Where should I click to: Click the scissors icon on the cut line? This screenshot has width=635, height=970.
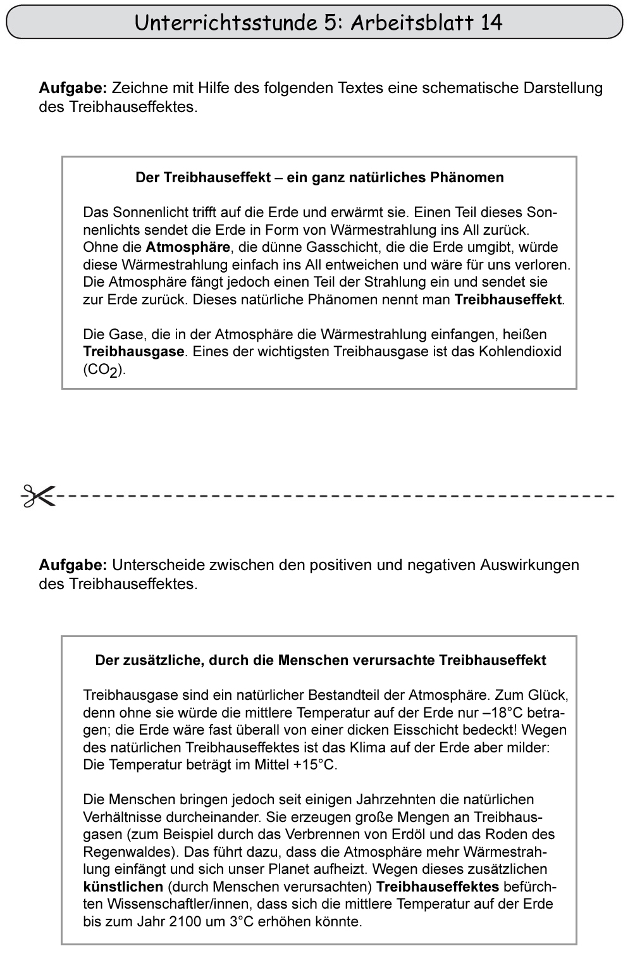[37, 495]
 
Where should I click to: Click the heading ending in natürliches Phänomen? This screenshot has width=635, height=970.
[319, 177]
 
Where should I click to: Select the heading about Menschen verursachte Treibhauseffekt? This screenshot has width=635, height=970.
[320, 661]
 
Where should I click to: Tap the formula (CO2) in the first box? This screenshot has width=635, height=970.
[104, 370]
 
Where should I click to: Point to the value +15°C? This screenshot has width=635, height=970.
[314, 764]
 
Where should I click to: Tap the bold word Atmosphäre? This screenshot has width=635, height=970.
[188, 247]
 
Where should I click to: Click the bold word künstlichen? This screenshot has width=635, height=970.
[123, 886]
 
